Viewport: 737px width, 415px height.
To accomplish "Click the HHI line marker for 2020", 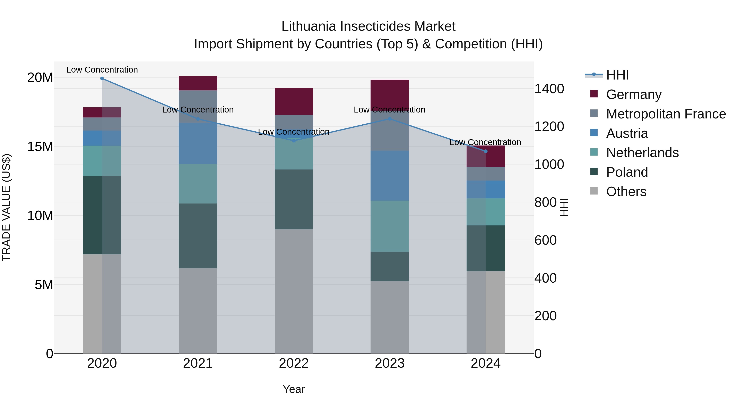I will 102,78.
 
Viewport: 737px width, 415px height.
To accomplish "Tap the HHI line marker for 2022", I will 294,141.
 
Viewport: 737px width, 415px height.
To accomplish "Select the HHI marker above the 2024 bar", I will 486,151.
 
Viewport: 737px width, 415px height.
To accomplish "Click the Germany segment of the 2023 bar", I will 390,94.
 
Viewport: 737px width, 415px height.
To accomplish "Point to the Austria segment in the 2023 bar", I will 390,176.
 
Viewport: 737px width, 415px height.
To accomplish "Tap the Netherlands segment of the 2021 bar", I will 198,184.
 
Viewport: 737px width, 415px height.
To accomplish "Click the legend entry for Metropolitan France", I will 666,114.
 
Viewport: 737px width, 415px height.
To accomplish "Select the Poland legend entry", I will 627,172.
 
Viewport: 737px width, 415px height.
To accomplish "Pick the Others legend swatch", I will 594,191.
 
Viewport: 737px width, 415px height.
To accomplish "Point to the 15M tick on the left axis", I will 40,147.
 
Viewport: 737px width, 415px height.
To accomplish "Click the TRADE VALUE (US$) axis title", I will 6,207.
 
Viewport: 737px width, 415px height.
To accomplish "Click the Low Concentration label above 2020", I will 102,70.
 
